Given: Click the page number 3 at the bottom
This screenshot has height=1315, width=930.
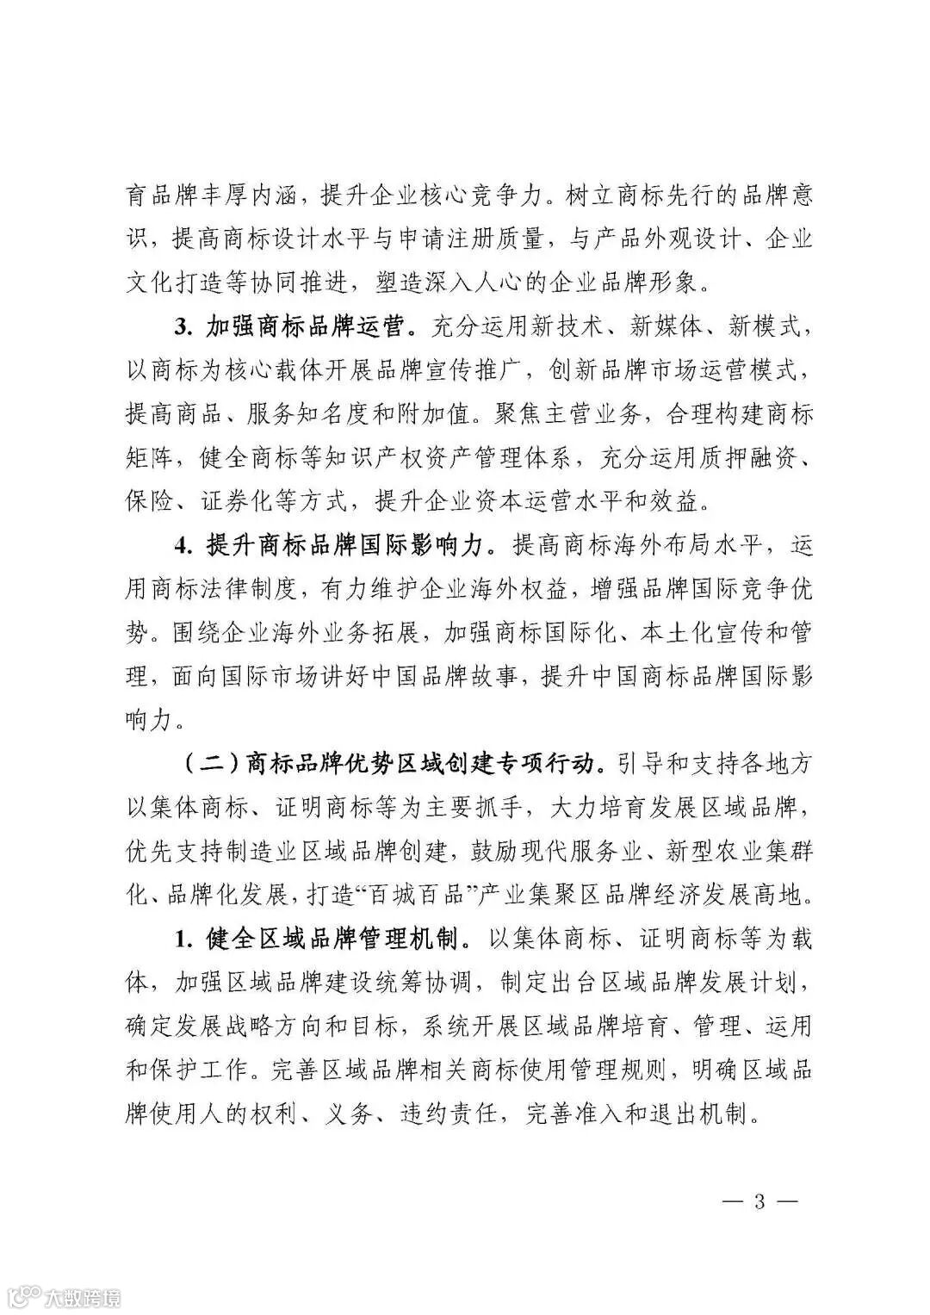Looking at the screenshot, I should click(x=759, y=1201).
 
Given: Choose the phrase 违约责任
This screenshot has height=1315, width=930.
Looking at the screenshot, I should click(x=448, y=1113).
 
